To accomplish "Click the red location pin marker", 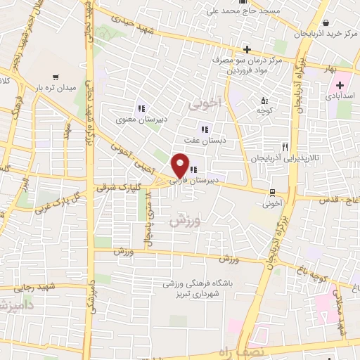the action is click(180, 167).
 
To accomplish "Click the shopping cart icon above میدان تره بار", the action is click(55, 77).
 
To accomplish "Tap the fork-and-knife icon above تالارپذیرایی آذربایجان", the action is click(284, 147).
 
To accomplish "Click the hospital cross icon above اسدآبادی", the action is click(340, 84).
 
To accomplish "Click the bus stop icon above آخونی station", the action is click(272, 192).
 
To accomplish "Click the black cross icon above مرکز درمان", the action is click(247, 49).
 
